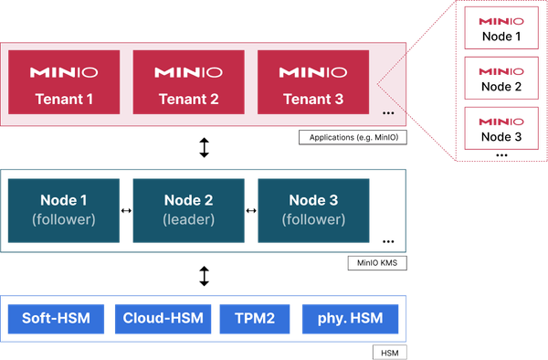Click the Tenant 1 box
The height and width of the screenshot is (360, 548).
64,82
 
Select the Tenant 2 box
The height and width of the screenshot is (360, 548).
188,82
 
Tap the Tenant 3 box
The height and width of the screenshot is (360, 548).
312,82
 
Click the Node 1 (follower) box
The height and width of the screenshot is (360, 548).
63,211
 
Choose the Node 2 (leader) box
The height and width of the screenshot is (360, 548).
188,211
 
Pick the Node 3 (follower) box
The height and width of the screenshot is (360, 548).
313,211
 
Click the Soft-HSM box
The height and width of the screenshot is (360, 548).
57,319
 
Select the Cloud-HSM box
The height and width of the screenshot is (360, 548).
163,319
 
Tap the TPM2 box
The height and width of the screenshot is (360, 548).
255,319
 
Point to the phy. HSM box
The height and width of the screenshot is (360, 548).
350,319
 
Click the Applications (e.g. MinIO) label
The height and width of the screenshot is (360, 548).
353,138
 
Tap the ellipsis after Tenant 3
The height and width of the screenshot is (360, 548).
388,113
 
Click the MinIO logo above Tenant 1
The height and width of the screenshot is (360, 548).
64,71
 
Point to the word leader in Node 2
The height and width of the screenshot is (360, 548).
188,220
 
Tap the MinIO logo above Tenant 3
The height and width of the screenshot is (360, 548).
312,71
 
